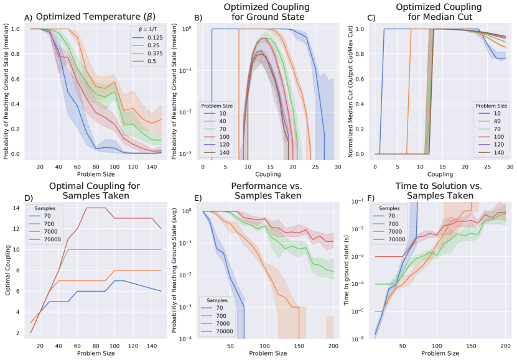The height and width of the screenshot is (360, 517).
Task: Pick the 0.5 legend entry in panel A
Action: [153, 62]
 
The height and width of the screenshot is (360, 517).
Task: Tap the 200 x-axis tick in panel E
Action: [333, 346]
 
